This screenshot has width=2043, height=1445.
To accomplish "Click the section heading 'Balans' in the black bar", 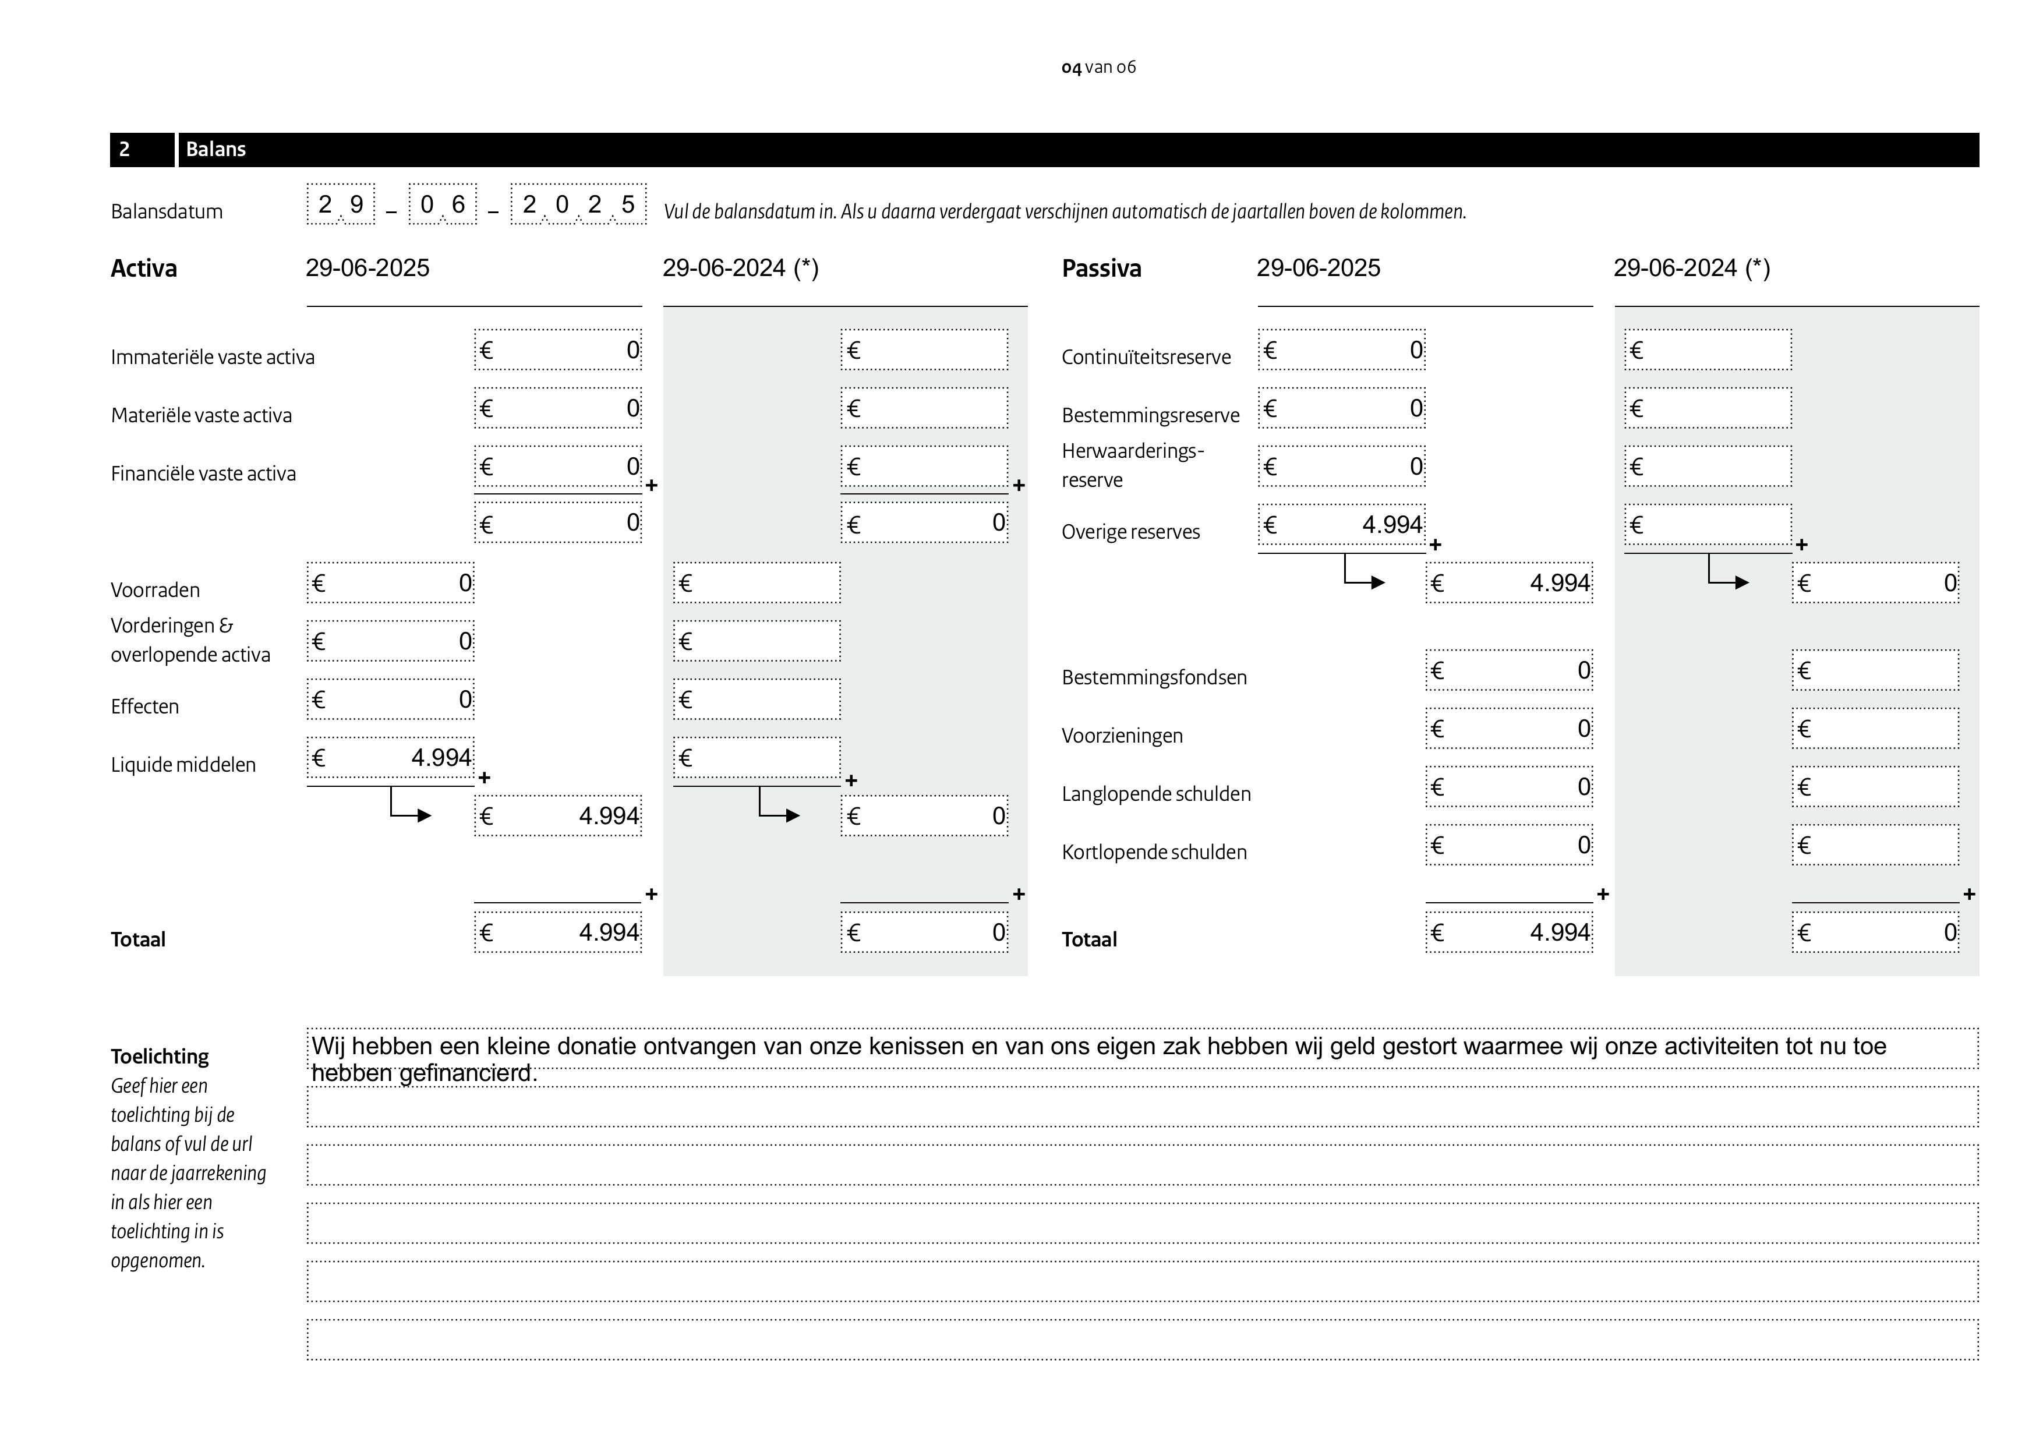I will (x=215, y=150).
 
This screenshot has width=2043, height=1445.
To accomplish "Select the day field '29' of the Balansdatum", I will (x=341, y=204).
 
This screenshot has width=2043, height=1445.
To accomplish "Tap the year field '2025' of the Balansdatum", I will (x=578, y=204).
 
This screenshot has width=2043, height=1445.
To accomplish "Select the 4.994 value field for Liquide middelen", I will (x=391, y=758).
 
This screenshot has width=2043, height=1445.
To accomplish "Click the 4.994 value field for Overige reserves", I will (x=1341, y=525).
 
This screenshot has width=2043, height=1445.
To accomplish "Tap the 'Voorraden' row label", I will (x=155, y=590).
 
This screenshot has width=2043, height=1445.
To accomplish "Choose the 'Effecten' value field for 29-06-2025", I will (x=391, y=699).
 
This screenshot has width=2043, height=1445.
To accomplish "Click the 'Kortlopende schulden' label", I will (x=1154, y=853).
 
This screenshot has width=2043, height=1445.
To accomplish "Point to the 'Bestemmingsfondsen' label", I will (x=1154, y=677).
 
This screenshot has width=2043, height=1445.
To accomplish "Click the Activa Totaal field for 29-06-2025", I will (x=558, y=932).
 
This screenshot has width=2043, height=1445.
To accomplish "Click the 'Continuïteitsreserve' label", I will (x=1146, y=357).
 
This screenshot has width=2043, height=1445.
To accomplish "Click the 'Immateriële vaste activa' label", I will (x=213, y=357).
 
